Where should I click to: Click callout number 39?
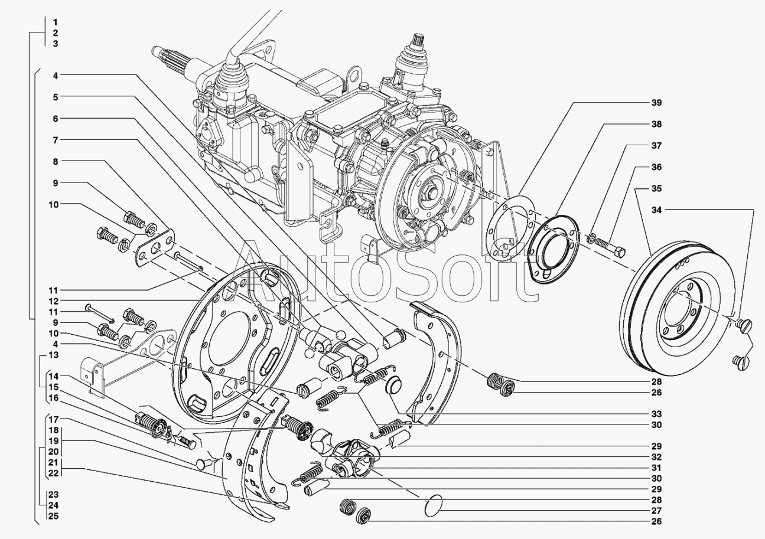click(x=656, y=103)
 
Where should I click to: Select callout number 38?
click(x=656, y=124)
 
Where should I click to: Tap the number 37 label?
click(x=656, y=146)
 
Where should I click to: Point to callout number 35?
click(x=656, y=189)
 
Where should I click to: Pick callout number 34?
click(x=656, y=210)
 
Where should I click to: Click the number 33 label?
click(x=656, y=414)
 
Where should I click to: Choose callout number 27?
click(x=656, y=511)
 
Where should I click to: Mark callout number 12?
click(x=54, y=301)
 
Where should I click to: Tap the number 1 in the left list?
click(x=56, y=22)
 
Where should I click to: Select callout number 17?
click(x=54, y=419)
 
